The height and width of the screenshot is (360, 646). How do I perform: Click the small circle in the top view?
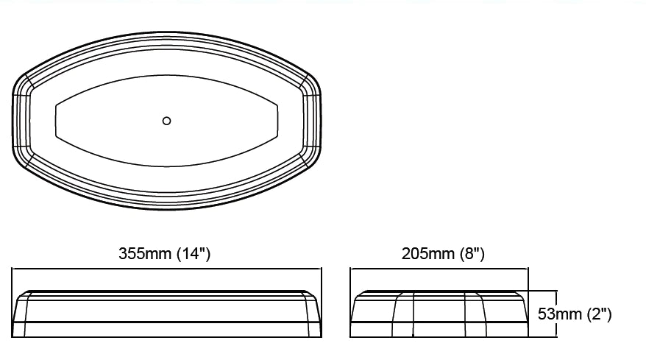point(166,121)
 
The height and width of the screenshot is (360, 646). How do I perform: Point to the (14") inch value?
point(194,254)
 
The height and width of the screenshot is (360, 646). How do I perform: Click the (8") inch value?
point(472,254)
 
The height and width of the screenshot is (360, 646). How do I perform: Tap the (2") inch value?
point(598,314)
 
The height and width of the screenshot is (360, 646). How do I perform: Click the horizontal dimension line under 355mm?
point(166,269)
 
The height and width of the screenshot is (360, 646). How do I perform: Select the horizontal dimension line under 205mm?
point(439,269)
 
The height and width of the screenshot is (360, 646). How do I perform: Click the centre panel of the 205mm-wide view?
point(439,314)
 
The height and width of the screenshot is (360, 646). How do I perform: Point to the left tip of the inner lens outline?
point(56,121)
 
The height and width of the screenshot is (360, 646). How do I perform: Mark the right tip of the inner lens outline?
point(278,121)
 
